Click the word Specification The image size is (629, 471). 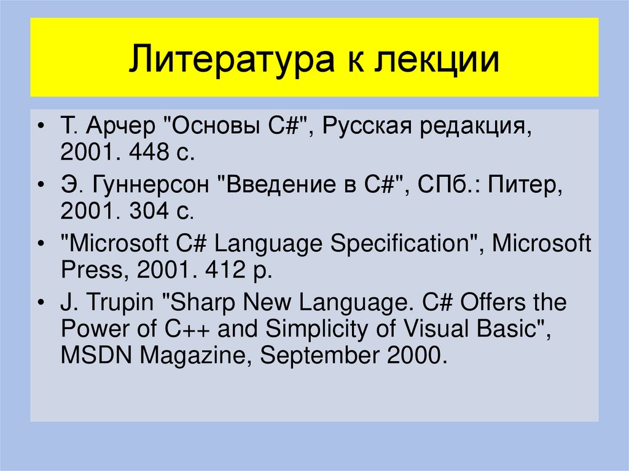[400, 244]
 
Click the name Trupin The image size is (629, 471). [120, 302]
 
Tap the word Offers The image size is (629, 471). [491, 302]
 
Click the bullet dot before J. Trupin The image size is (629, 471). [41, 303]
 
